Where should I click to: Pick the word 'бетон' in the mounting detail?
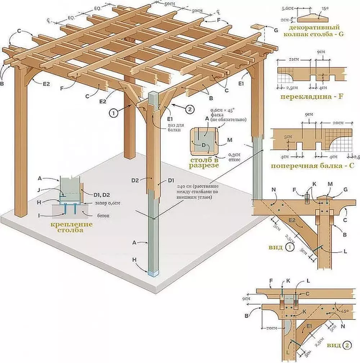[92, 215]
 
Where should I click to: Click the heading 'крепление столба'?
[72, 227]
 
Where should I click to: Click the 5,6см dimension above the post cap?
[286, 7]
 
